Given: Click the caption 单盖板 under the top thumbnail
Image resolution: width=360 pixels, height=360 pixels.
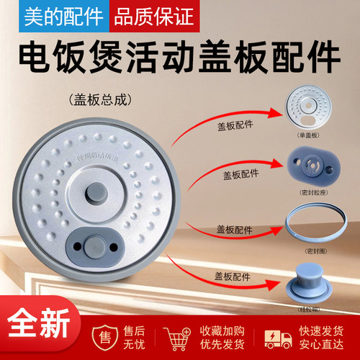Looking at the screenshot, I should (312, 136).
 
